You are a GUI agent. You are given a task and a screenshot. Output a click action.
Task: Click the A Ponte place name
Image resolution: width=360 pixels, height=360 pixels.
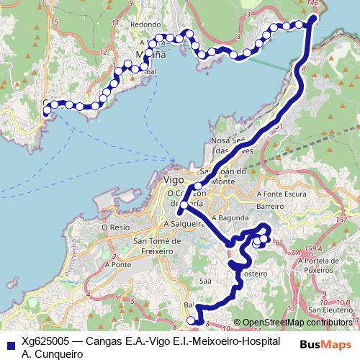tap(117, 264)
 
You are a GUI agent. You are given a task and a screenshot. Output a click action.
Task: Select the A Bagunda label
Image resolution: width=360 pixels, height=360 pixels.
tap(230, 217)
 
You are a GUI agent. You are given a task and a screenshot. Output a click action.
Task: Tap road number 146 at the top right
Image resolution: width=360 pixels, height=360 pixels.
tap(312, 4)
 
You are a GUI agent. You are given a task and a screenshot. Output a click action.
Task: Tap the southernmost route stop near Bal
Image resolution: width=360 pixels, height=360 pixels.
tap(191, 320)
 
